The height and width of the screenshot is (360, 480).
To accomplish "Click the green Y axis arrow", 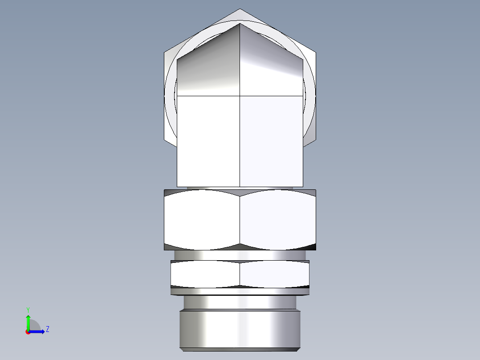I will pos(28,322).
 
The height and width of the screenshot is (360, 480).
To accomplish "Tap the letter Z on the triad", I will pos(47,329).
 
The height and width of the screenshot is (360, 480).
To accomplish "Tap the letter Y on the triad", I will pos(28,309).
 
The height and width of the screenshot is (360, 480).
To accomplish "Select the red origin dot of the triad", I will pos(28,332).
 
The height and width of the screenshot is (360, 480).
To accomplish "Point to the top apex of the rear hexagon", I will pos(240,10).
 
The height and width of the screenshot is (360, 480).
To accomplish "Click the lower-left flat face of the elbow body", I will pos(208,141).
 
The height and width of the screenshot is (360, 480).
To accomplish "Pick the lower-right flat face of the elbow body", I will pos(271,141).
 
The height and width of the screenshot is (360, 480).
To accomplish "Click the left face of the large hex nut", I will pos(202,219).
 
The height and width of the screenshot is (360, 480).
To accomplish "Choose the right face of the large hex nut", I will pos(278,219).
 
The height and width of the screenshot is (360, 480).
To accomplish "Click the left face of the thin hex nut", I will pos(205,273).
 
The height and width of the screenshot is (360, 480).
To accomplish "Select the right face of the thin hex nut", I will pos(274,273).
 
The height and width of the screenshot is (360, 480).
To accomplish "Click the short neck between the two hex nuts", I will pos(240,255).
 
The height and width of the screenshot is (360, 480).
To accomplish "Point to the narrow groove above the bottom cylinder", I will pos(240,302).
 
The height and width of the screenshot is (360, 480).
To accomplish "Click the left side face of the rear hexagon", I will pos(168,96).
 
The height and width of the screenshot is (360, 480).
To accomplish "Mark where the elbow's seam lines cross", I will pos(240,96).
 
